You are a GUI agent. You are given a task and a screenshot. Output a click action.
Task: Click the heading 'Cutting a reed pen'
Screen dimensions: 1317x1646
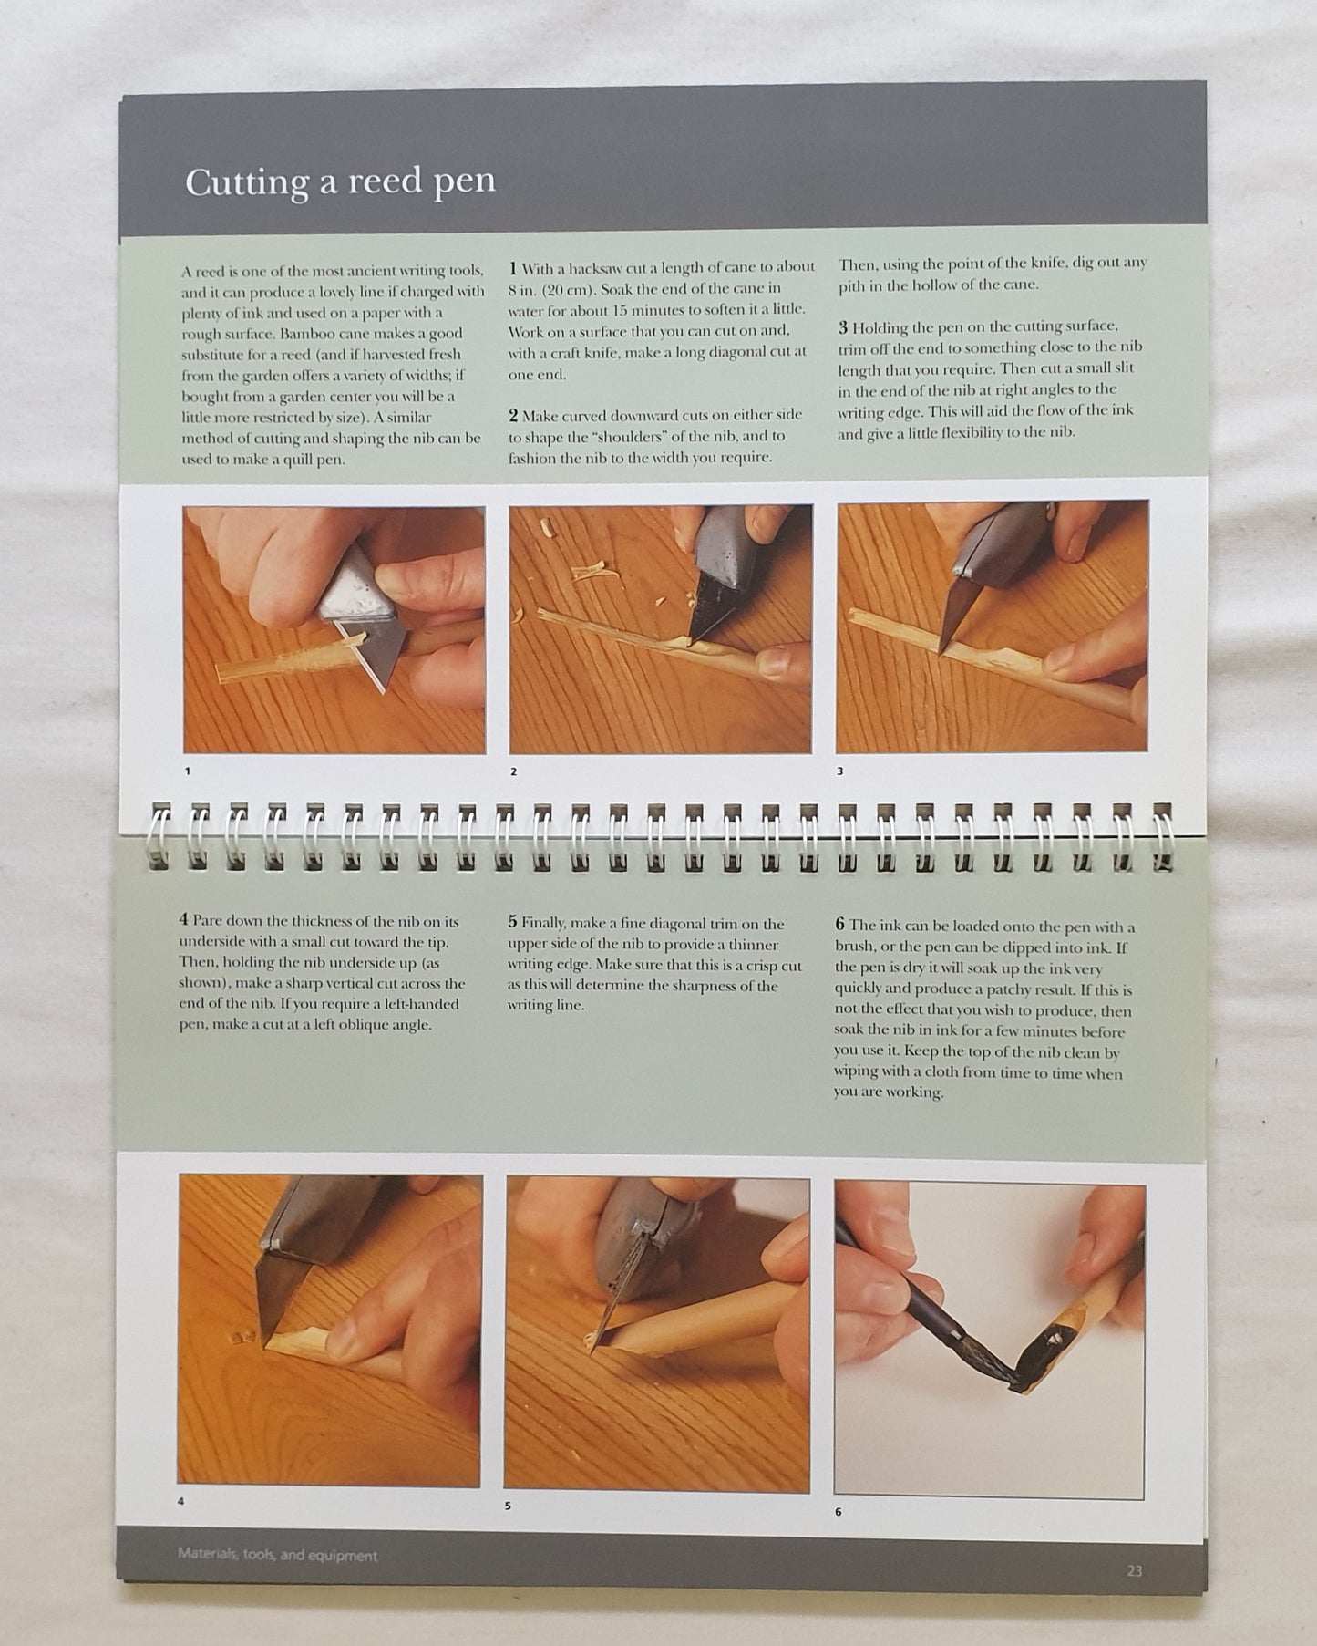[340, 181]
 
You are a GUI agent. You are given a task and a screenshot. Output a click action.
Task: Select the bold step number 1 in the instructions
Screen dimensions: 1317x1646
[513, 268]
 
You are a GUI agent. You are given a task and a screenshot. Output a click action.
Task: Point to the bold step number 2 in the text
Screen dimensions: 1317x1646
[514, 416]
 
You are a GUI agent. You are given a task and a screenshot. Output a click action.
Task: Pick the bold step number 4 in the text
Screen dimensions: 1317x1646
[184, 920]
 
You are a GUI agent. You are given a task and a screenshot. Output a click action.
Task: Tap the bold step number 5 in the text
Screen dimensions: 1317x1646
[513, 923]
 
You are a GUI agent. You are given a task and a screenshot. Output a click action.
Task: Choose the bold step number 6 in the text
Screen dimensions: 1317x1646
[840, 927]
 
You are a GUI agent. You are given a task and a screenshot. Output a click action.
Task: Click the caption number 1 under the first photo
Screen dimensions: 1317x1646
[188, 771]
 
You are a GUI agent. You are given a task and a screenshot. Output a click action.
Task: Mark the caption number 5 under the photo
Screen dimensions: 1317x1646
[508, 1506]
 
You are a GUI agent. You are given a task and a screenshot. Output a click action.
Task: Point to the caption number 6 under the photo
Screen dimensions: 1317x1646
[838, 1512]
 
